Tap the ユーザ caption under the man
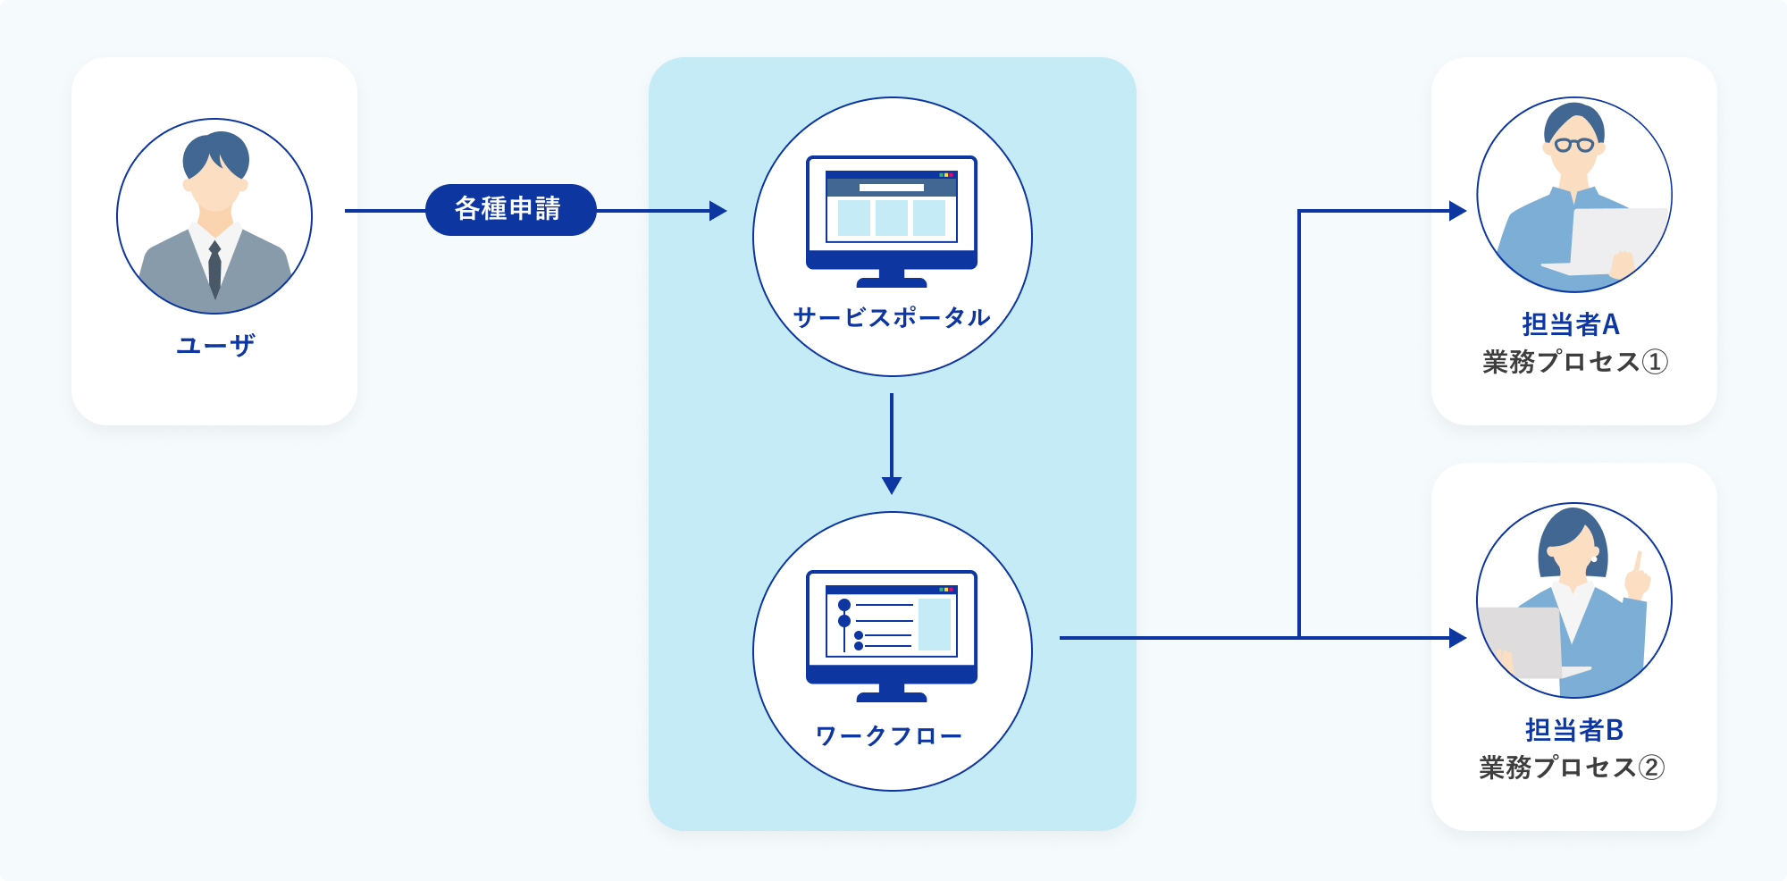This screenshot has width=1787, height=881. tap(215, 345)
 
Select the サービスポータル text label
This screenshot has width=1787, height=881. tap(892, 317)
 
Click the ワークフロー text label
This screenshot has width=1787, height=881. tap(889, 735)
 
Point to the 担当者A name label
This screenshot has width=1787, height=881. tap(1571, 323)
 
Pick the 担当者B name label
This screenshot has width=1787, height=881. tap(1573, 730)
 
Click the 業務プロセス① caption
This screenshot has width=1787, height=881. tap(1574, 362)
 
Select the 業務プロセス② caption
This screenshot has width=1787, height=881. tap(1572, 768)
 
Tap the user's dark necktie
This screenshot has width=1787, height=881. tap(214, 269)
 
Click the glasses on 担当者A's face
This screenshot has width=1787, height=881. tap(1574, 145)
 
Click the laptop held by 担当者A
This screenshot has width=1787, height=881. tap(1608, 241)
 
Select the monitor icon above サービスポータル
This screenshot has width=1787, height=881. tap(892, 222)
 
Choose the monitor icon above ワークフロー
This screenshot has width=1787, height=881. tap(892, 636)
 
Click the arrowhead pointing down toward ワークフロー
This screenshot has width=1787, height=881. tap(892, 485)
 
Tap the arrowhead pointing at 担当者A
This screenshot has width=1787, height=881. tap(1458, 211)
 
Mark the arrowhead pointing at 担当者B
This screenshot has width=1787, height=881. tap(1458, 638)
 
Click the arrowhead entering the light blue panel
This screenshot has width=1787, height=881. tap(718, 211)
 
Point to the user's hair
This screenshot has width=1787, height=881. tap(215, 154)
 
